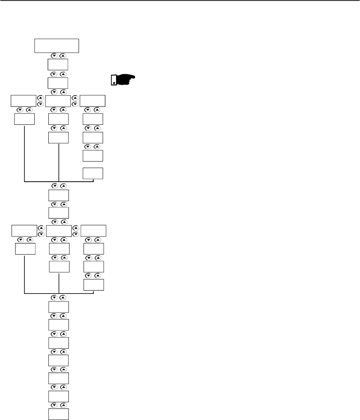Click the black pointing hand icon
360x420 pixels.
pos(122,80)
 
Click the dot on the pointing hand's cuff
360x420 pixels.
pos(114,83)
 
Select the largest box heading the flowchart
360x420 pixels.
pos(56,45)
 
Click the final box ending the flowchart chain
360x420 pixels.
pos(58,414)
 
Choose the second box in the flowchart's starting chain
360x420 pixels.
pos(58,65)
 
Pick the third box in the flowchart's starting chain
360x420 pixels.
pos(58,83)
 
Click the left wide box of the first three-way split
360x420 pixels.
pos(23,101)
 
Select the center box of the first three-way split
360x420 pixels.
pos(58,101)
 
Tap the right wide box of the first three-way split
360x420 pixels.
pos(92,101)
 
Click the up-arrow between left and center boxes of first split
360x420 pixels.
pos(41,98)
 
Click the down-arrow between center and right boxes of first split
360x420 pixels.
pos(75,104)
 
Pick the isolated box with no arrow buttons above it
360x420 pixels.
pos(93,173)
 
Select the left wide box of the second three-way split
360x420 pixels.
pos(24,230)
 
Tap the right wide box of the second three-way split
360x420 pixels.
pos(93,230)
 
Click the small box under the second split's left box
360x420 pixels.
pos(25,249)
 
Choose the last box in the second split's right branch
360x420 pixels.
pos(94,284)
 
